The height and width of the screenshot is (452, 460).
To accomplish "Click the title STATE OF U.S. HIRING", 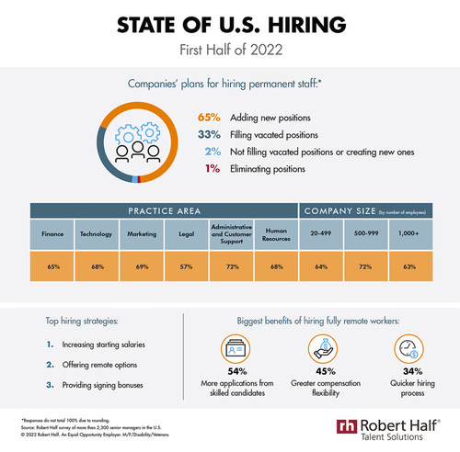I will [x=229, y=25].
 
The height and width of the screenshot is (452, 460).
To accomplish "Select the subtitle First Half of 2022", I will [x=229, y=50].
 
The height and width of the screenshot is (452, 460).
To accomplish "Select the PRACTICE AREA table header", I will [x=166, y=211].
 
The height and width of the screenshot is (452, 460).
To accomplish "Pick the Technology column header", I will [x=98, y=235].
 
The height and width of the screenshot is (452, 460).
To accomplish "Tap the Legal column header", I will [x=187, y=235].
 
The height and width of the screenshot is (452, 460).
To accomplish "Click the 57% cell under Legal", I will [x=187, y=267].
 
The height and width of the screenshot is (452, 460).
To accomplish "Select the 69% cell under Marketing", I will [x=143, y=267].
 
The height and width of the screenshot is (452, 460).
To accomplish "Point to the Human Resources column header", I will [x=276, y=235].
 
